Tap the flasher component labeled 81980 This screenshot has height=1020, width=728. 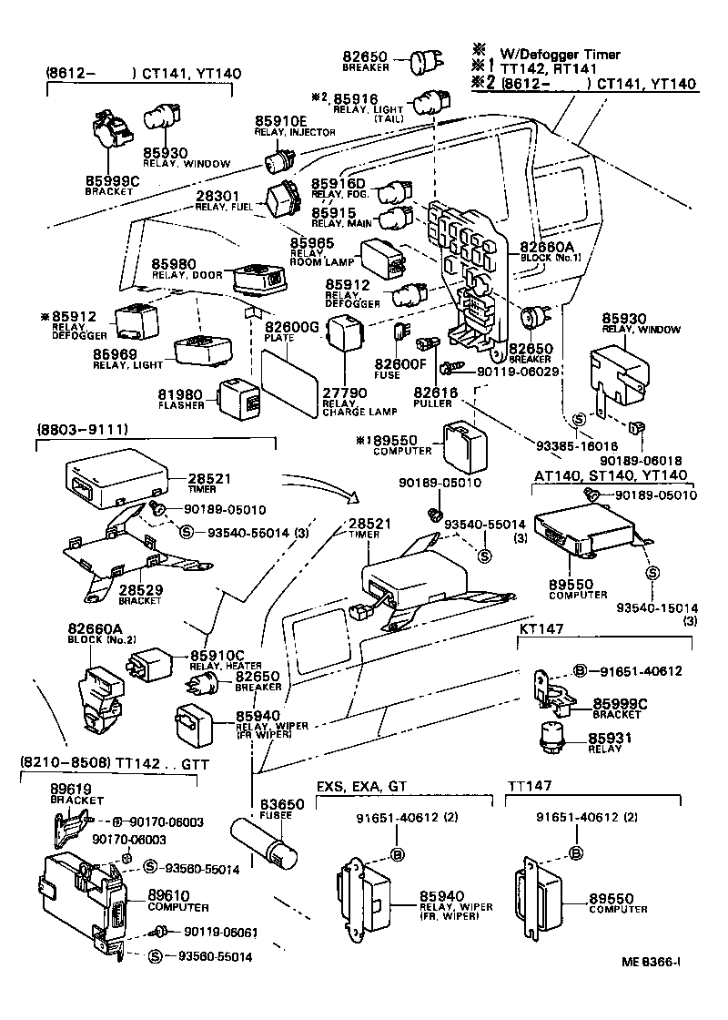pyautogui.click(x=238, y=395)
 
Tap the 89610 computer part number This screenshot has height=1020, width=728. pyautogui.click(x=168, y=897)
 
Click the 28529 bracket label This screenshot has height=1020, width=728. pyautogui.click(x=142, y=590)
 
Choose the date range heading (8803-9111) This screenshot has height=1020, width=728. pyautogui.click(x=82, y=428)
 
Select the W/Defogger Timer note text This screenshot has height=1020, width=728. pyautogui.click(x=557, y=55)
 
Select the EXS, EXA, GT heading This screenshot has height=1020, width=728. pyautogui.click(x=361, y=786)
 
